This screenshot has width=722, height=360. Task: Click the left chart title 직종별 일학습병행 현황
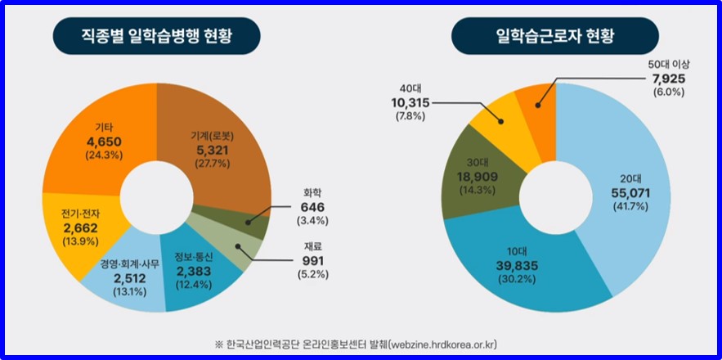156,35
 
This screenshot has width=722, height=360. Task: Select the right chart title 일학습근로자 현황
555,35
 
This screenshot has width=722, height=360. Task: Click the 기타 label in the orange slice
104,127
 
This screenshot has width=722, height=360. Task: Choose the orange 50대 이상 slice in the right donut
540,96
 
